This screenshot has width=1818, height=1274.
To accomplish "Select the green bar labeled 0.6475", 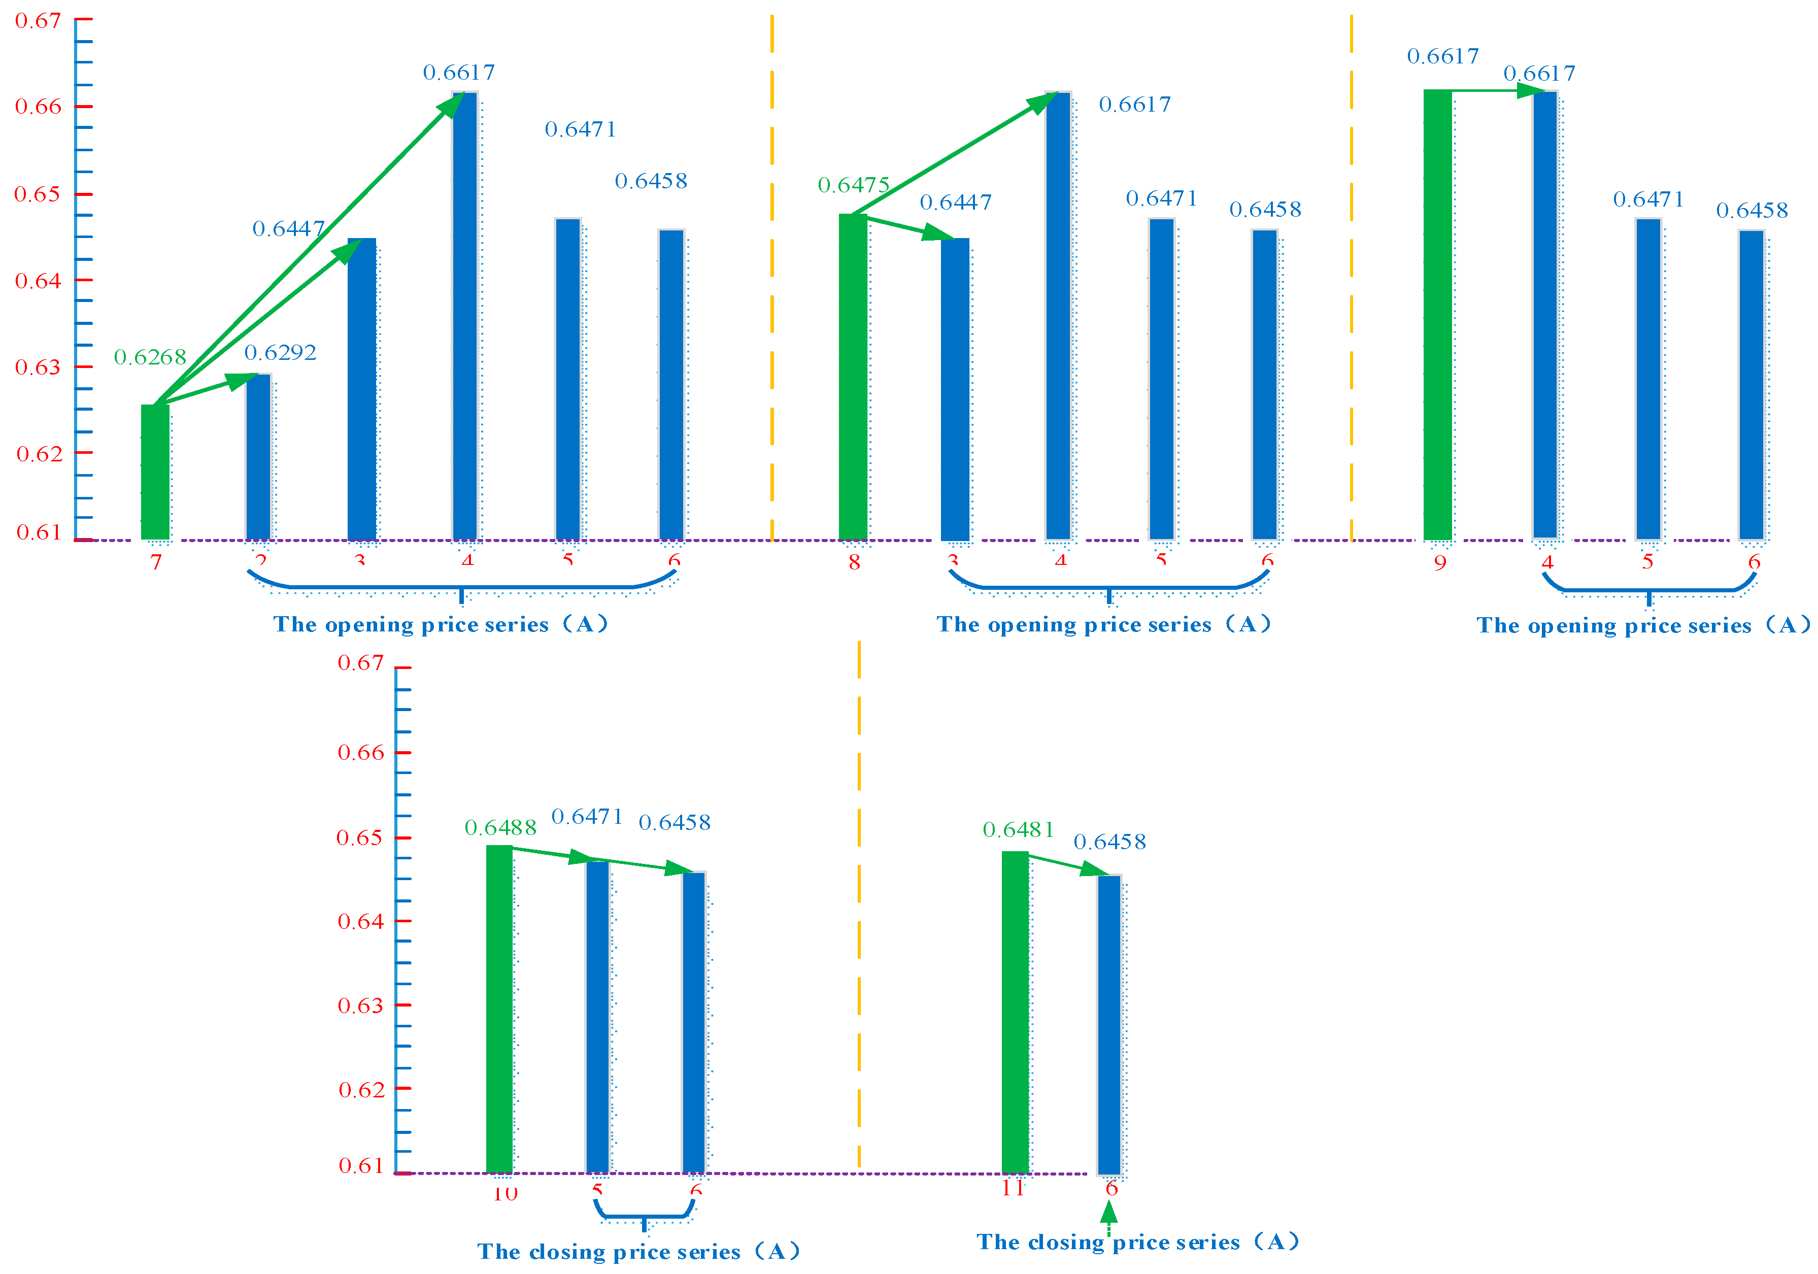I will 853,377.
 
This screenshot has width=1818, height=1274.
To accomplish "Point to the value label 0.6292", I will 280,352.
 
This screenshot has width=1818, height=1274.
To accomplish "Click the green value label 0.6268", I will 150,357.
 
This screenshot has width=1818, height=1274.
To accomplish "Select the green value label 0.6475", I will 854,185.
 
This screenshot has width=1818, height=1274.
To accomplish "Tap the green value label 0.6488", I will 500,827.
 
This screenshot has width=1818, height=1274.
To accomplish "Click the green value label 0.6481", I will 1018,830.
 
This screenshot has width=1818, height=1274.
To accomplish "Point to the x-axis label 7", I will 156,562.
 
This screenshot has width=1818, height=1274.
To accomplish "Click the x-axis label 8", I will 854,562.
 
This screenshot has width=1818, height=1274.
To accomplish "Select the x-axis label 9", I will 1439,563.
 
